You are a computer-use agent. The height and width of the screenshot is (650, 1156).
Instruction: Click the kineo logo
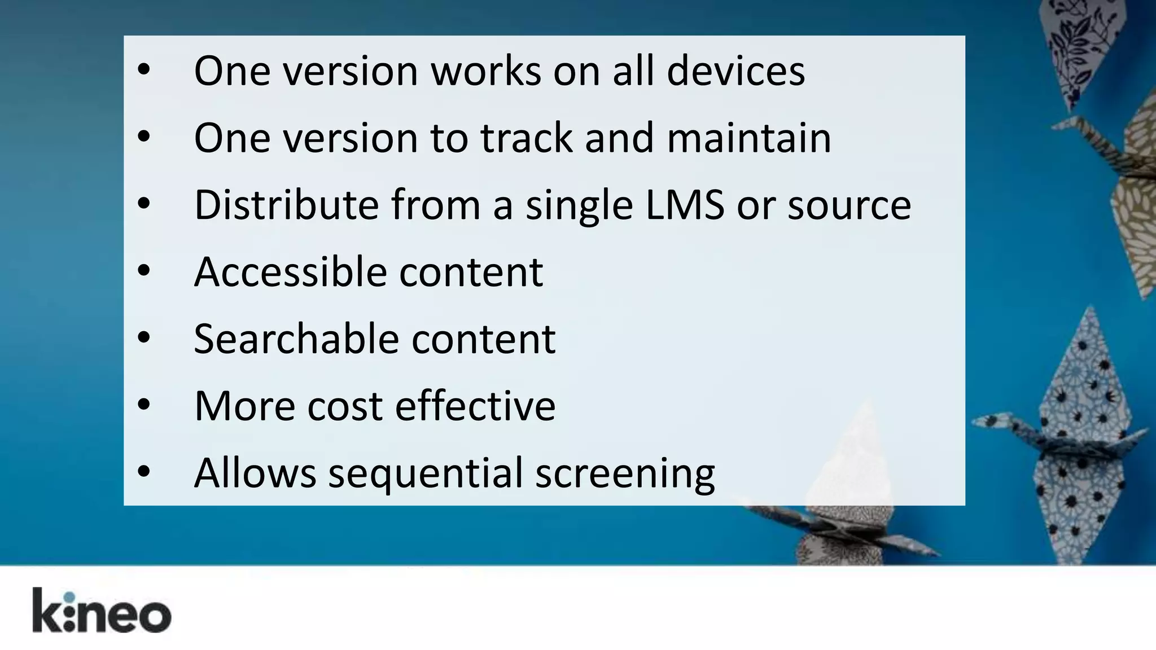tap(102, 611)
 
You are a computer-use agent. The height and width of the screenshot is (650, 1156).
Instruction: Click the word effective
tap(475, 406)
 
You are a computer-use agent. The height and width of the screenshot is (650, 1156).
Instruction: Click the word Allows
tap(255, 473)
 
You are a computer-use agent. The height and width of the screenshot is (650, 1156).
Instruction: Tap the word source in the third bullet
tap(849, 205)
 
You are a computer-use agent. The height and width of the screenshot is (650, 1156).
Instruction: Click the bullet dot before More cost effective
tap(144, 405)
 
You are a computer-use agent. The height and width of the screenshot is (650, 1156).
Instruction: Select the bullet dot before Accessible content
tap(144, 270)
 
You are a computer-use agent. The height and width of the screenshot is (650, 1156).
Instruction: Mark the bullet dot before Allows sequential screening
tap(144, 471)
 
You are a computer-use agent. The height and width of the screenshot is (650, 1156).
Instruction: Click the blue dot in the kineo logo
tap(69, 598)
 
